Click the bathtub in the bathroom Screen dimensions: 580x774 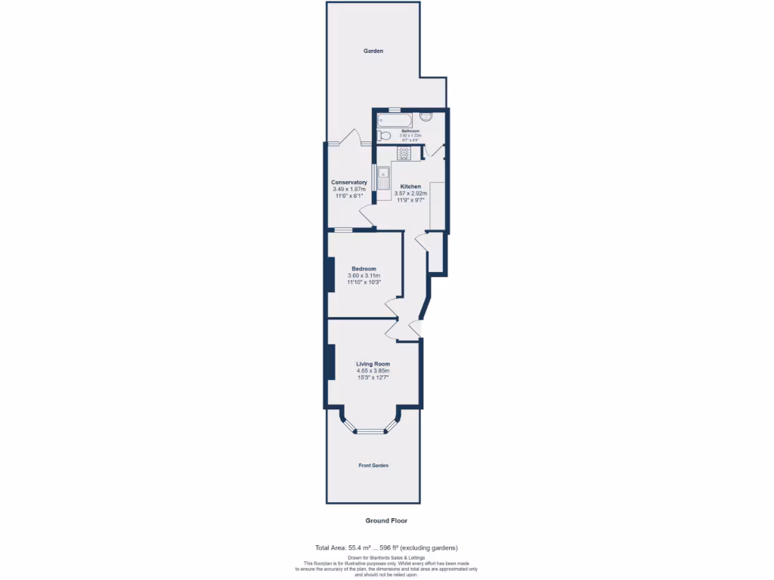point(395,120)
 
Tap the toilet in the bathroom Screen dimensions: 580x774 point(384,136)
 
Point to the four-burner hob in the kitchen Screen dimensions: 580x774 point(404,153)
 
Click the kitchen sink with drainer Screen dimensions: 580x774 point(383,179)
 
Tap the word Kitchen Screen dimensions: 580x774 point(410,187)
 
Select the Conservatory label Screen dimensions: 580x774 point(349,182)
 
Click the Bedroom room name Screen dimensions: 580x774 point(364,269)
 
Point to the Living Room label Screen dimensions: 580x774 point(373,364)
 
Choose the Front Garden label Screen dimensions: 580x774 point(373,465)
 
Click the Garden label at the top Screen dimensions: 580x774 point(373,51)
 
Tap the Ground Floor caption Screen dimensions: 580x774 point(386,520)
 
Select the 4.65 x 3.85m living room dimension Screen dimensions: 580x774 point(373,371)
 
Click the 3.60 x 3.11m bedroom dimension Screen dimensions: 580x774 point(364,276)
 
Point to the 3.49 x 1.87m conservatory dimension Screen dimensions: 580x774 point(349,189)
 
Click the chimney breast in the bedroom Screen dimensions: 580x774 point(330,275)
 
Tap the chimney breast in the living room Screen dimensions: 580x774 point(330,362)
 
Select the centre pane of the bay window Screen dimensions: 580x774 point(371,432)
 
